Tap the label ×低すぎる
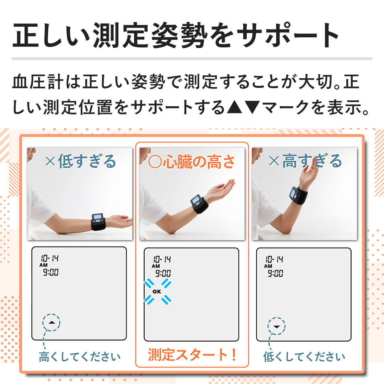(x=81, y=161)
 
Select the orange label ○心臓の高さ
(x=192, y=162)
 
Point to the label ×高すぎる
(x=305, y=161)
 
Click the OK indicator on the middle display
(x=157, y=292)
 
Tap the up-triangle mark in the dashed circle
(x=52, y=322)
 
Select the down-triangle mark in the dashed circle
(x=277, y=327)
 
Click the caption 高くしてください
(x=80, y=357)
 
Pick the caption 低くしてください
(x=304, y=357)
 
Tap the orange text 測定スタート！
(x=192, y=355)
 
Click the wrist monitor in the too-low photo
(x=98, y=222)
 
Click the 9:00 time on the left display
(x=51, y=272)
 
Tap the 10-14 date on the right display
(x=274, y=259)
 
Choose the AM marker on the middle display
(x=156, y=266)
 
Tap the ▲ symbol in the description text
(x=234, y=107)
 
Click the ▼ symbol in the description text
(x=252, y=107)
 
